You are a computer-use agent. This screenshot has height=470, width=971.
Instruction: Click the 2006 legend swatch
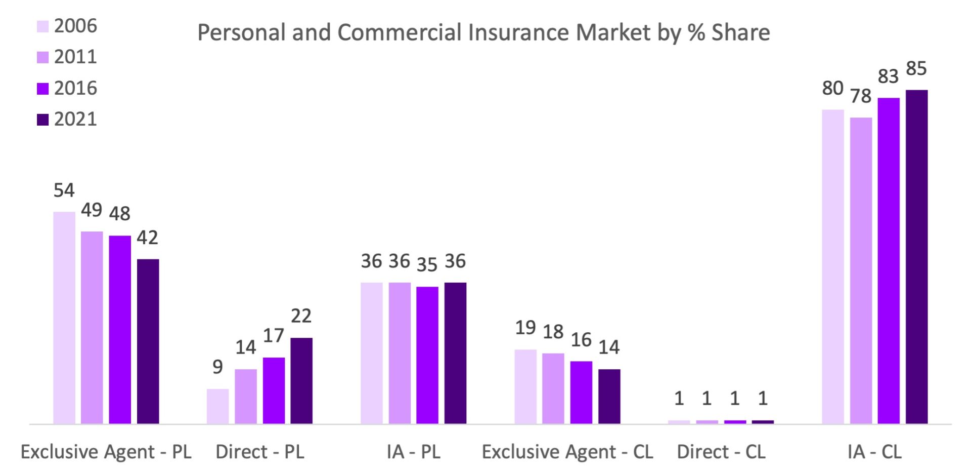(42, 26)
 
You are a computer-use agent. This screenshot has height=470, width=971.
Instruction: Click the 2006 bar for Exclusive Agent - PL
(64, 318)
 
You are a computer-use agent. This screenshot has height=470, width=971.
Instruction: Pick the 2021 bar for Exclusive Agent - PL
(148, 341)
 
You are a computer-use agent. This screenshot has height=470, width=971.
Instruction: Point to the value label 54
(64, 190)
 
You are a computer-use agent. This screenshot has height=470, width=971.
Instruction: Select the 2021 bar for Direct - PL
(301, 380)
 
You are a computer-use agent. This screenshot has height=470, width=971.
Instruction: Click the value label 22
(301, 316)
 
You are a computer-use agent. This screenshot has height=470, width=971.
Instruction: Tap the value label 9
(217, 367)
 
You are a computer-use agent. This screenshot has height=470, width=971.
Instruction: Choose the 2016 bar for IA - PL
(427, 355)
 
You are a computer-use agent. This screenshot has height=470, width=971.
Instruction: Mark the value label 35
(427, 264)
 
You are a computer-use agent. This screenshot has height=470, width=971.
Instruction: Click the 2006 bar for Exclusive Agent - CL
(525, 386)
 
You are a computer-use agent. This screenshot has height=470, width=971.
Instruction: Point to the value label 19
(525, 328)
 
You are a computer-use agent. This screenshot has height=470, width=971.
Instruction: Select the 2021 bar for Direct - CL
(763, 421)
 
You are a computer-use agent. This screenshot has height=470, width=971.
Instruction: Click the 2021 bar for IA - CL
(916, 257)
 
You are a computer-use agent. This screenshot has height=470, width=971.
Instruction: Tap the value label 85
(916, 68)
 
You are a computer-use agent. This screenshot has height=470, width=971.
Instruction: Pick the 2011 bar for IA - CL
(861, 270)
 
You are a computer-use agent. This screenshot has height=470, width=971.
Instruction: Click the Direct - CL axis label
(721, 452)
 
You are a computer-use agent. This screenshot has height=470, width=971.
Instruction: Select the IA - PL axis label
(414, 452)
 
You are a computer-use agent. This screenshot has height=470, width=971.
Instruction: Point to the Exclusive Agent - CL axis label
(567, 452)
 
